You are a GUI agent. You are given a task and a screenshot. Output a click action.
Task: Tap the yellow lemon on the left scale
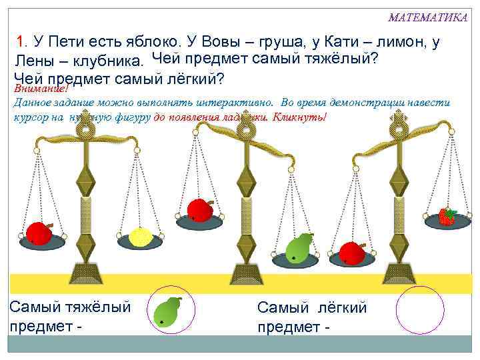141,237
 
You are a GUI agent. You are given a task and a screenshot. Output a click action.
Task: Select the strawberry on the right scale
447,216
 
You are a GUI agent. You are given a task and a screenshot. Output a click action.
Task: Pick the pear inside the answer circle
167,311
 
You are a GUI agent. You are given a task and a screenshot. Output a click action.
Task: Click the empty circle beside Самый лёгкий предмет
419,311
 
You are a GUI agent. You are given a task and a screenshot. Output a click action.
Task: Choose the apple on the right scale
351,253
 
